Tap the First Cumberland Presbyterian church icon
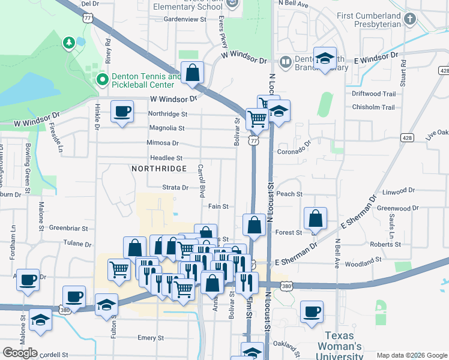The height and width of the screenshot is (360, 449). point(411,19)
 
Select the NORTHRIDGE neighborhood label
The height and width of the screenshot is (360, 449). point(160,169)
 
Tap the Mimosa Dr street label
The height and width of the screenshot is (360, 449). point(163,143)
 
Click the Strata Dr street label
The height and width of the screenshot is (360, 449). point(175,187)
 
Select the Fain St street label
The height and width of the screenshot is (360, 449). point(218,206)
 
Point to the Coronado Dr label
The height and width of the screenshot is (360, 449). point(294,152)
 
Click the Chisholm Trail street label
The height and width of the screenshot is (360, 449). point(373,107)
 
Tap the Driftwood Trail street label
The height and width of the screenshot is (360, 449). point(374,94)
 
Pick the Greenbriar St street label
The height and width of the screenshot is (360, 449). point(68,228)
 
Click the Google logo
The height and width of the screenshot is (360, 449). point(20,353)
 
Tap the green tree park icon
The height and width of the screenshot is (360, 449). point(68,43)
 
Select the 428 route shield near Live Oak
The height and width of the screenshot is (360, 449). point(408,138)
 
